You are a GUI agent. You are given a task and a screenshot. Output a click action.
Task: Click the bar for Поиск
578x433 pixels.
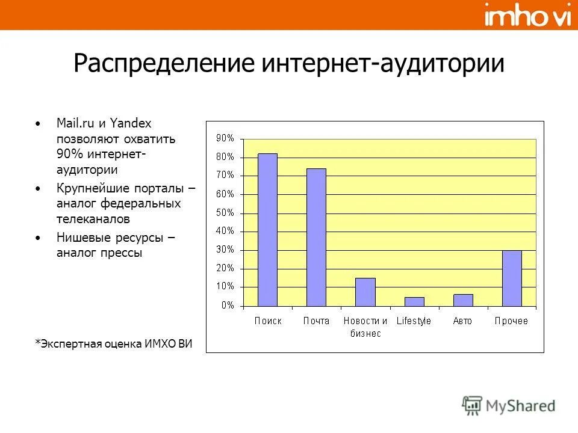[x=267, y=230]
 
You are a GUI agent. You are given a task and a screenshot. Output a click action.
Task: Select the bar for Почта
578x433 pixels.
[x=316, y=237]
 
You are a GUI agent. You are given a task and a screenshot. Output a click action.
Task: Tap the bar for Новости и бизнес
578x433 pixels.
[x=365, y=292]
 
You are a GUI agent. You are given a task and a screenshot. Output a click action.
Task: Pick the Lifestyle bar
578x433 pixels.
[x=414, y=301]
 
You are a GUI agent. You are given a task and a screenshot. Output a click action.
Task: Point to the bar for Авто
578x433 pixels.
[x=463, y=299]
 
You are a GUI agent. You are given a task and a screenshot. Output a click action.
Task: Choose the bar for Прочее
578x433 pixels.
[x=512, y=278]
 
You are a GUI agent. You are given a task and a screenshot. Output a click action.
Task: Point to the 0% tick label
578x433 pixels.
[x=227, y=306]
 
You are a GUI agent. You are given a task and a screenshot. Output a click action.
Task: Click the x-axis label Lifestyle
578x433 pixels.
[x=414, y=321]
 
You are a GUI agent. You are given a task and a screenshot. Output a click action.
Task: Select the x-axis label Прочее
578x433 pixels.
[x=511, y=321]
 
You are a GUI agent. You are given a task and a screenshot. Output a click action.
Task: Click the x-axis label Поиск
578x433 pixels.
[x=267, y=321]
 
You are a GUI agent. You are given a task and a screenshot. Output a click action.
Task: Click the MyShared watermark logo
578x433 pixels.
[x=509, y=405]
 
